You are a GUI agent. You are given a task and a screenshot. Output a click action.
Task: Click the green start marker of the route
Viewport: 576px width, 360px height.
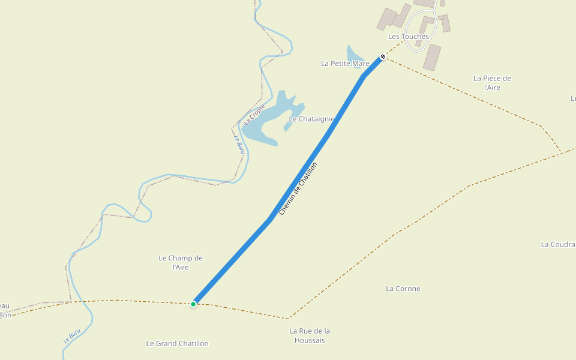(x=193, y=304)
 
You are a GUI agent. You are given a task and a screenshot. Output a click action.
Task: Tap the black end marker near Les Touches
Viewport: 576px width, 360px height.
(x=383, y=56)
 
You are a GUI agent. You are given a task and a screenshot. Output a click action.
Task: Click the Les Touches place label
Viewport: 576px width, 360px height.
(x=408, y=37)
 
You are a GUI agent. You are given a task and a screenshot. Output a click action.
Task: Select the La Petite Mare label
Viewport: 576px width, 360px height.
(x=345, y=63)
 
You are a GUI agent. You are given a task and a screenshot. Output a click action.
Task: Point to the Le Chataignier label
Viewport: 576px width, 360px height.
(x=311, y=119)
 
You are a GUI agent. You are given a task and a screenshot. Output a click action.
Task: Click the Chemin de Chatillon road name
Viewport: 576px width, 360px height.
(x=298, y=188)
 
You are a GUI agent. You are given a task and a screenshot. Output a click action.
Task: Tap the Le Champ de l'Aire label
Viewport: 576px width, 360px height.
(x=181, y=262)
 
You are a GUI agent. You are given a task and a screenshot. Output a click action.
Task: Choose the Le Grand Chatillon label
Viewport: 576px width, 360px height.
(x=177, y=343)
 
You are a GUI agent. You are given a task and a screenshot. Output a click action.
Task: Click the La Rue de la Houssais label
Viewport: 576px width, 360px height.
(x=310, y=335)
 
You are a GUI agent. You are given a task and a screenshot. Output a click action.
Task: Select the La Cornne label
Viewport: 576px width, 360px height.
(x=403, y=289)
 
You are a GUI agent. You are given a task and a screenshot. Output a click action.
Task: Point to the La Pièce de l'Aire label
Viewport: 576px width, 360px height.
(x=492, y=83)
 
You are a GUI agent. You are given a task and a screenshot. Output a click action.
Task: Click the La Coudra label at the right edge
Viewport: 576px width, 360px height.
(x=558, y=244)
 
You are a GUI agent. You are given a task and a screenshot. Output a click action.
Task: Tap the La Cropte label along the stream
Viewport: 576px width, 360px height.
(x=254, y=114)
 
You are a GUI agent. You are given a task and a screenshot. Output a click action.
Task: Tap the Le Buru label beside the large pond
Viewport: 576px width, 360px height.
(x=238, y=145)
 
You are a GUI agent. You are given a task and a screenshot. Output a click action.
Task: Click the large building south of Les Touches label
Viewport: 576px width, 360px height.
(x=432, y=58)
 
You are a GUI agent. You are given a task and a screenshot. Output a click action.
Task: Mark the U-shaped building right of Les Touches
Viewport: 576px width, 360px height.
(x=426, y=24)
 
